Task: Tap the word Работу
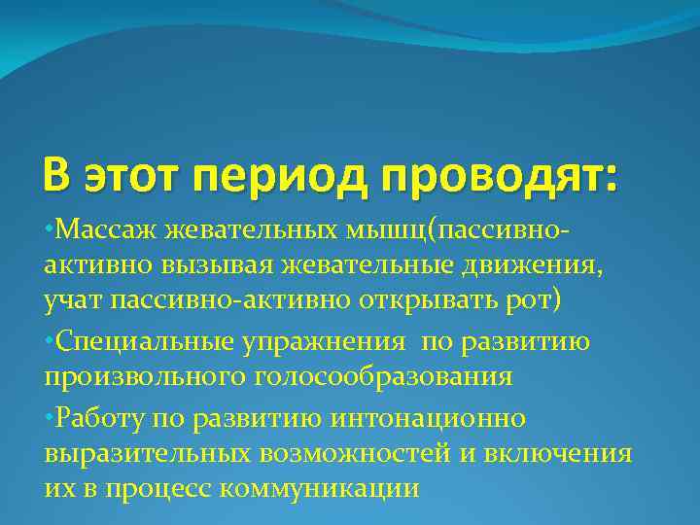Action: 95,417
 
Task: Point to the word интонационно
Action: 442,417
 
